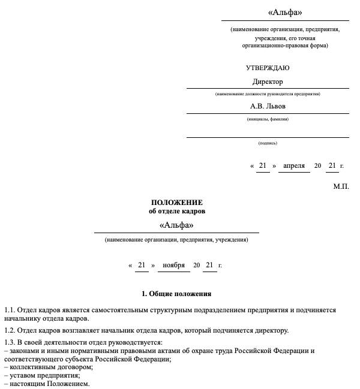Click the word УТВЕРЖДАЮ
coord(267,68)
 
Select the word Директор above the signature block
coord(267,82)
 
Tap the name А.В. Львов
coord(268,106)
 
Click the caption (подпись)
coord(268,143)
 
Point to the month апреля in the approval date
coord(294,165)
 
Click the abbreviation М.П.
coord(341,186)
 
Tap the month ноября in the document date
coord(173,265)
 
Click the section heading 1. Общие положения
coord(176,294)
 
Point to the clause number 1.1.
coord(9,310)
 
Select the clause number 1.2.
coord(9,330)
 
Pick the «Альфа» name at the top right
coord(284,13)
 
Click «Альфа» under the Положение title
coord(176,225)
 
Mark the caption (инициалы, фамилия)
coord(268,119)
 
